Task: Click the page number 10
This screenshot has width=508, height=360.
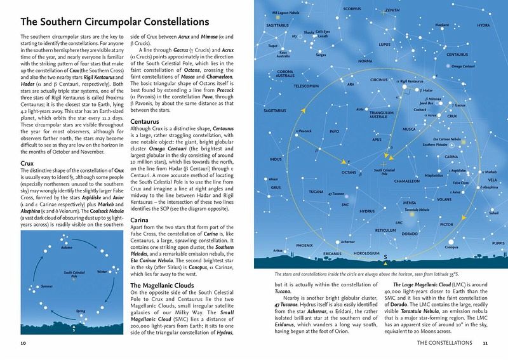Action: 23,343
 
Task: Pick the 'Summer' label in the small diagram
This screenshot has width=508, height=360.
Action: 29,287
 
